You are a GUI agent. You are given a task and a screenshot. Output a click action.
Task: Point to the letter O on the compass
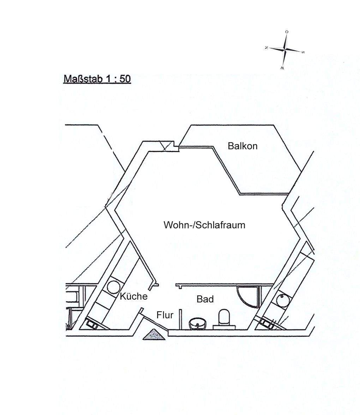[x=287, y=32]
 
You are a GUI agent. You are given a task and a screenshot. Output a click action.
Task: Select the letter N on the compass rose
[x=266, y=48]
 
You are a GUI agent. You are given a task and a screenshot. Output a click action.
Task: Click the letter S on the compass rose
[x=304, y=52]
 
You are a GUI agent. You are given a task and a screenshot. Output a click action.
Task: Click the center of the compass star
[x=285, y=49]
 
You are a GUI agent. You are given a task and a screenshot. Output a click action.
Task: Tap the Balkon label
[x=242, y=146]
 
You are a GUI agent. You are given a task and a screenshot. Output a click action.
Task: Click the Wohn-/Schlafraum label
[x=204, y=225]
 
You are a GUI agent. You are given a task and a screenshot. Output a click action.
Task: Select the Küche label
[x=133, y=296]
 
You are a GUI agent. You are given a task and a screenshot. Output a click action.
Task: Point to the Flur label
[x=165, y=315]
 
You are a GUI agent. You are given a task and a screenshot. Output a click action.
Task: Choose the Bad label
[x=205, y=299]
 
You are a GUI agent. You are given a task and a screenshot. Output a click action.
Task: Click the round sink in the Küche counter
[x=114, y=286]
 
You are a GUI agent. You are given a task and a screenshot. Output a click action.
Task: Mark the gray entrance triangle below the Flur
[x=154, y=335]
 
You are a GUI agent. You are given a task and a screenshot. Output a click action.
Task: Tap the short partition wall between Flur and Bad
[x=181, y=319]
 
